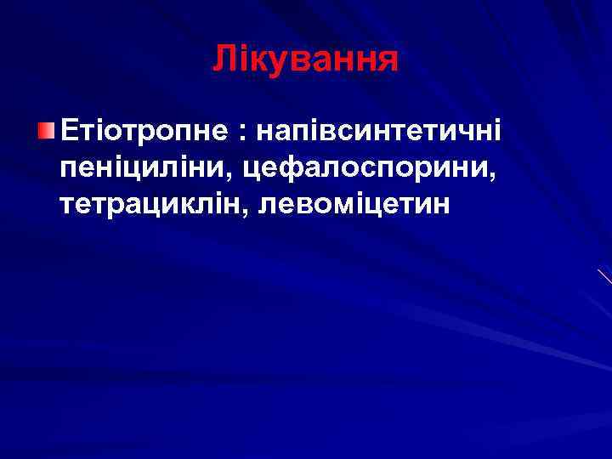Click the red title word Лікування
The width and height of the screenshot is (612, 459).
coord(305,59)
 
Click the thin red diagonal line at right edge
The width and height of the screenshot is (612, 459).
coord(604,276)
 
